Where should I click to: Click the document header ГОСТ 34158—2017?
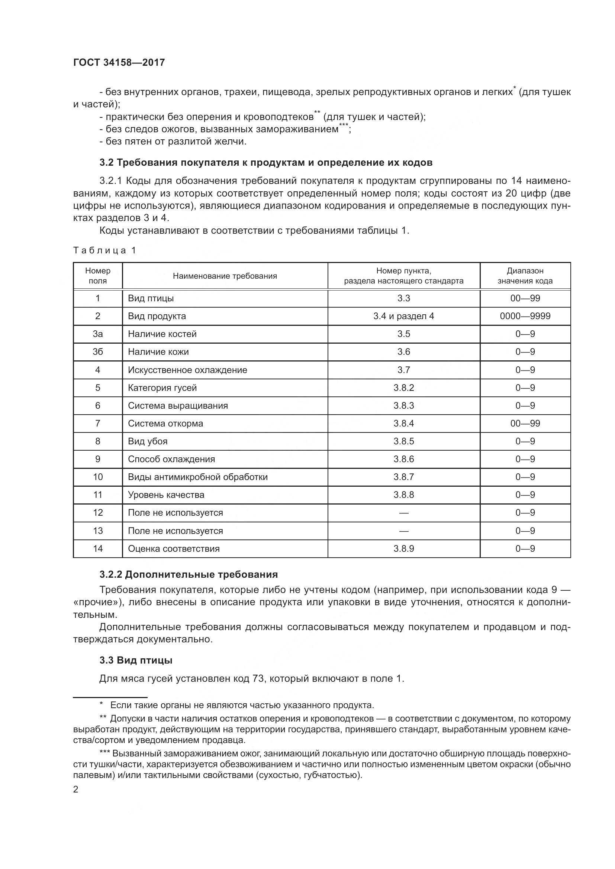point(119,62)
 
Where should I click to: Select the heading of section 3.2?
point(266,163)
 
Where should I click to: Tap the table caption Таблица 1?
point(104,250)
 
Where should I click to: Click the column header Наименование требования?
point(225,276)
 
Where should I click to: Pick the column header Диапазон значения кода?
point(525,276)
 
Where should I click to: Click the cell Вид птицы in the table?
point(151,298)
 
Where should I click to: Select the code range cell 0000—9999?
point(525,316)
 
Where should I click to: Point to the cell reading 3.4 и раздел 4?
point(403,316)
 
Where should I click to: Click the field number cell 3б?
point(98,352)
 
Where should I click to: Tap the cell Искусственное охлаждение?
point(187,370)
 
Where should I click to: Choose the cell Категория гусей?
point(162,388)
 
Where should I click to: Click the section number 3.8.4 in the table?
point(403,424)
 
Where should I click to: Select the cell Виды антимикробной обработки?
point(198,477)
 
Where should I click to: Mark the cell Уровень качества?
point(166,495)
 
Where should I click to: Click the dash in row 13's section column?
point(403,531)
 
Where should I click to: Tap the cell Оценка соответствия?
point(173,549)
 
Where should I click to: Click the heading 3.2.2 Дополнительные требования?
point(189,574)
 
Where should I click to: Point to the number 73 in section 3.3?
point(258,679)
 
